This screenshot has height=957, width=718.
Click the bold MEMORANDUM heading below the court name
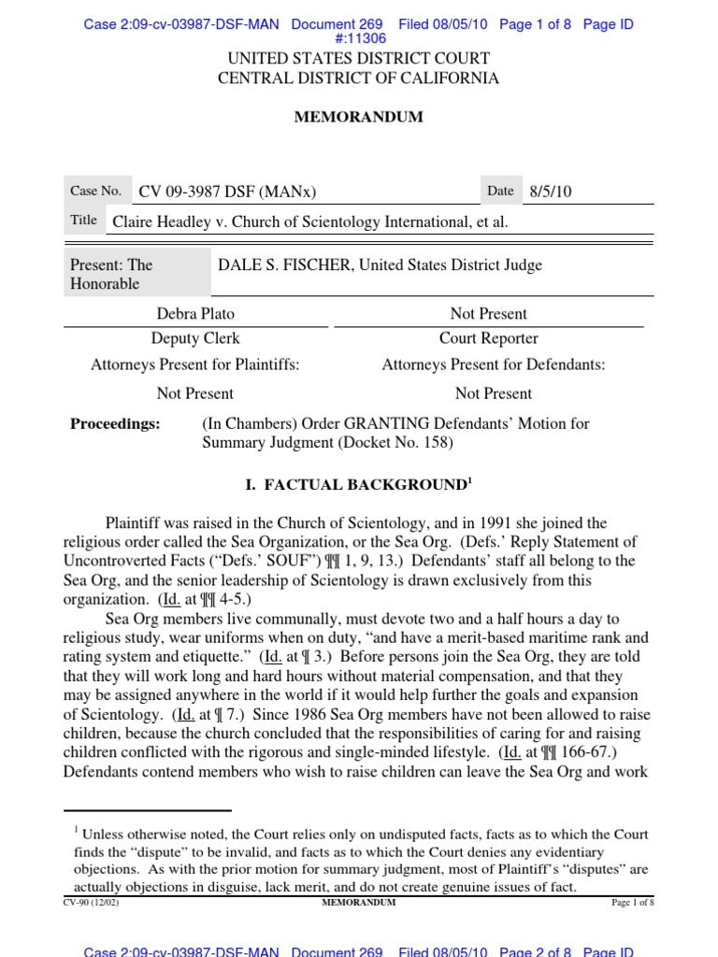[359, 117]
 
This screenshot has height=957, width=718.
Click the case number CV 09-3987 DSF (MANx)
[228, 193]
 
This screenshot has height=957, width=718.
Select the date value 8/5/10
[551, 193]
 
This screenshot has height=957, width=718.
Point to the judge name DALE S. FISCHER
[283, 265]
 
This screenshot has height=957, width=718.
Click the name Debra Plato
[194, 314]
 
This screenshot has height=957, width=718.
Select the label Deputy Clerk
[195, 338]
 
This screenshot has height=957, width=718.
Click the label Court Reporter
[489, 338]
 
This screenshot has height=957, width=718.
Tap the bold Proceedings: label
[115, 423]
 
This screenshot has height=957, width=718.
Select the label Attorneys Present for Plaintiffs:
[195, 364]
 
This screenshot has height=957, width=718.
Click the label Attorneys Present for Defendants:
[493, 364]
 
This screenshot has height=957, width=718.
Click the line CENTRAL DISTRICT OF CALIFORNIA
[359, 79]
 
